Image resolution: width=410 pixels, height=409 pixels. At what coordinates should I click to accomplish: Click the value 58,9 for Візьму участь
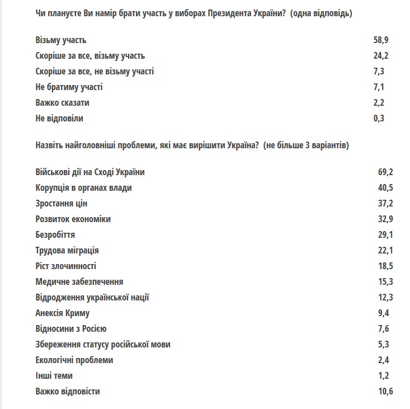pos(381,40)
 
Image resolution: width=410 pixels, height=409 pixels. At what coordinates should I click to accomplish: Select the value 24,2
pos(381,56)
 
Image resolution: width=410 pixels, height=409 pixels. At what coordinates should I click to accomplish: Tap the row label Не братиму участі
pos(69,87)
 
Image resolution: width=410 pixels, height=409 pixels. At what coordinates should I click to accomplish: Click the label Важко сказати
pos(62,103)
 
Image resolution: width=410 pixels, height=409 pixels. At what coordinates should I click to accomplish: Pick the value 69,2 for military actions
pos(385,172)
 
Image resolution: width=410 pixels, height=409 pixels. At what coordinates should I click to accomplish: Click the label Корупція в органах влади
pos(83,188)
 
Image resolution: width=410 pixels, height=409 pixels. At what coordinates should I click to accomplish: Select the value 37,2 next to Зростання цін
pos(385,204)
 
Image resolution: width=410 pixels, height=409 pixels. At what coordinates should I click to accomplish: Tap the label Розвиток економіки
pos(73,219)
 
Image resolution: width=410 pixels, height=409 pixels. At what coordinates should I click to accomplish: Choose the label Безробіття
pos(55,235)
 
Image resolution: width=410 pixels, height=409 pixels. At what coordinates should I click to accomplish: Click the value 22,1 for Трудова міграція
pos(385,251)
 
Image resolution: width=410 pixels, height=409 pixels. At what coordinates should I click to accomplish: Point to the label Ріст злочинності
pos(65,266)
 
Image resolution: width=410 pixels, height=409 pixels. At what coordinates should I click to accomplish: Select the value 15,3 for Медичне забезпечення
pos(385,282)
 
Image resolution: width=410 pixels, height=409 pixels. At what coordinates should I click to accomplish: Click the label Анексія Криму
pos(62,313)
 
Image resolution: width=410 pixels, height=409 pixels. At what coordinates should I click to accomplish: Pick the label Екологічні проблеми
pos(74,360)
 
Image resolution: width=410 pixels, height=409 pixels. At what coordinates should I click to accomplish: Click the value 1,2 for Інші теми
pos(383,376)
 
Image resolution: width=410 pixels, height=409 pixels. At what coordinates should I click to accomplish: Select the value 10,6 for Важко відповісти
pos(385,392)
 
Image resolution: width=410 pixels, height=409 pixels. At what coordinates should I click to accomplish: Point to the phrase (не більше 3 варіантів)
pos(307,145)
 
